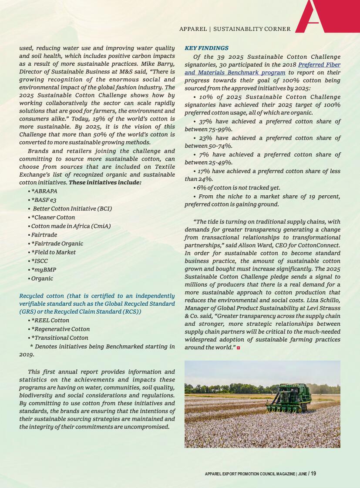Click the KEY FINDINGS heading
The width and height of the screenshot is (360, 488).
click(x=206, y=48)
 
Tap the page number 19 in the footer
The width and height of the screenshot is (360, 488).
click(x=313, y=474)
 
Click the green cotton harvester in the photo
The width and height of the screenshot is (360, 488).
click(x=289, y=398)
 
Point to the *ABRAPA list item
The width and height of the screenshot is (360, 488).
click(x=44, y=191)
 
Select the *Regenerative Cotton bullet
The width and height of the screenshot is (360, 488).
click(x=60, y=329)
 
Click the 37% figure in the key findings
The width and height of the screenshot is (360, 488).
click(x=205, y=122)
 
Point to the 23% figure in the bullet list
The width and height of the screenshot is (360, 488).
click(x=205, y=138)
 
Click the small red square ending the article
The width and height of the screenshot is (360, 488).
click(x=238, y=348)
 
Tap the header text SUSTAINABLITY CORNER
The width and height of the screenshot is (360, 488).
click(x=252, y=29)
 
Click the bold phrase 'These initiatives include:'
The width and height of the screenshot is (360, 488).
click(x=105, y=183)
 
